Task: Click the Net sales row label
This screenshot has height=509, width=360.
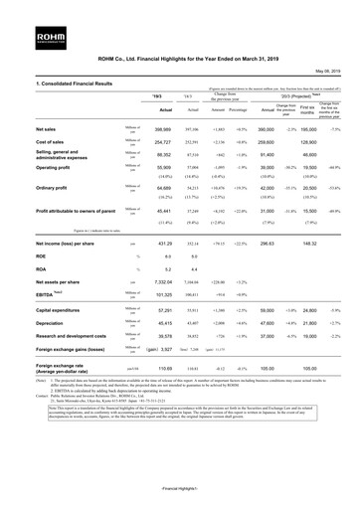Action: pyautogui.click(x=22, y=130)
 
